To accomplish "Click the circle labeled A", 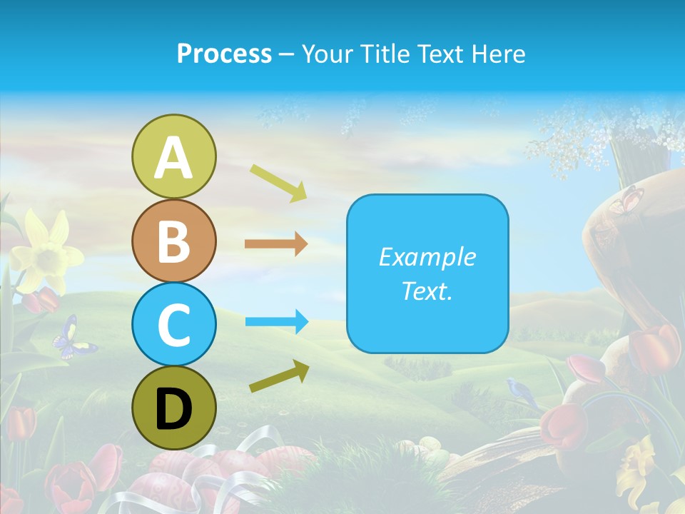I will (x=173, y=156).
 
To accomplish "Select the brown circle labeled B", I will (x=173, y=241).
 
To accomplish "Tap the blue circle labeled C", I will (x=173, y=324).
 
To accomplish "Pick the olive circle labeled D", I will (x=173, y=408).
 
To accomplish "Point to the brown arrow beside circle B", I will (x=275, y=244).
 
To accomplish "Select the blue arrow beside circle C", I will (x=276, y=321).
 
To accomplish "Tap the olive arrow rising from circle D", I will (x=279, y=377).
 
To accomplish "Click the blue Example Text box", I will (x=427, y=273).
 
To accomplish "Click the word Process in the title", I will (x=224, y=54).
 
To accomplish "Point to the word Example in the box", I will (x=427, y=257).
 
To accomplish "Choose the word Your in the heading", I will (x=326, y=54).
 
